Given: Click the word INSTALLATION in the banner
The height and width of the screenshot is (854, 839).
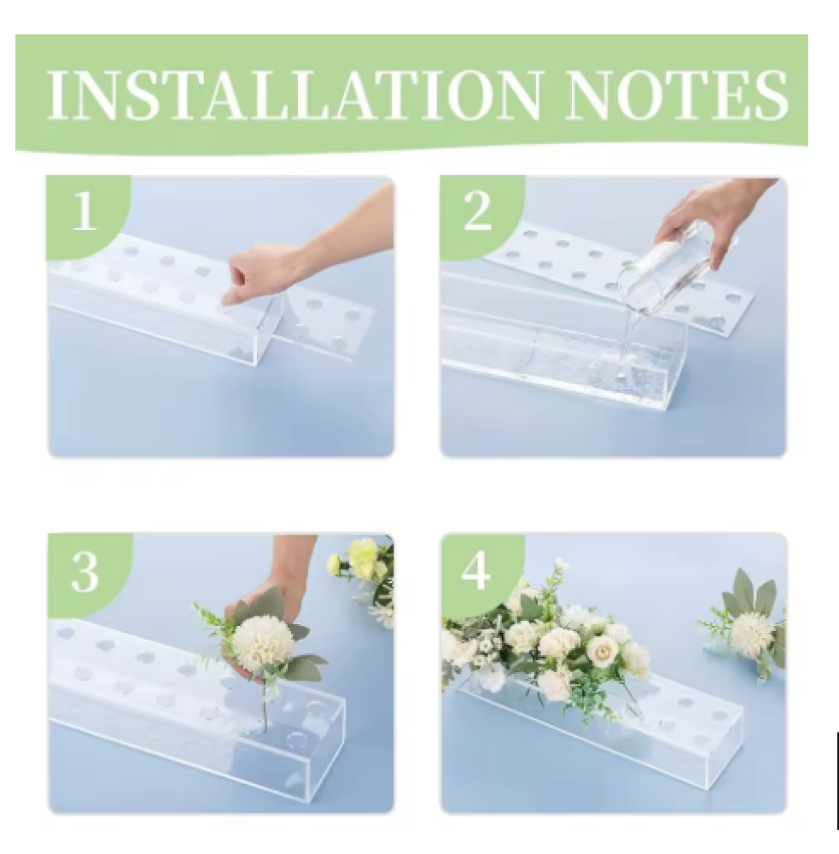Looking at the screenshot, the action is click(294, 95).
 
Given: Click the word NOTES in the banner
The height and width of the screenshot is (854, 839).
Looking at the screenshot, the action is click(676, 95).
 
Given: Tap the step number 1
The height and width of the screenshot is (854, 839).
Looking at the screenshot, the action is click(84, 211).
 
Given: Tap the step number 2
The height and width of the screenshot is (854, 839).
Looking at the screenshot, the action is click(477, 211).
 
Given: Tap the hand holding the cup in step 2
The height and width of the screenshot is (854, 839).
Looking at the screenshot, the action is click(708, 218).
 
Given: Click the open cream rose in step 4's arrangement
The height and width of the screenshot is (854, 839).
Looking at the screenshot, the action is click(603, 647).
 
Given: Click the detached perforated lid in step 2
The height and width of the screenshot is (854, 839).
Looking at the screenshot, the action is click(621, 272).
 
